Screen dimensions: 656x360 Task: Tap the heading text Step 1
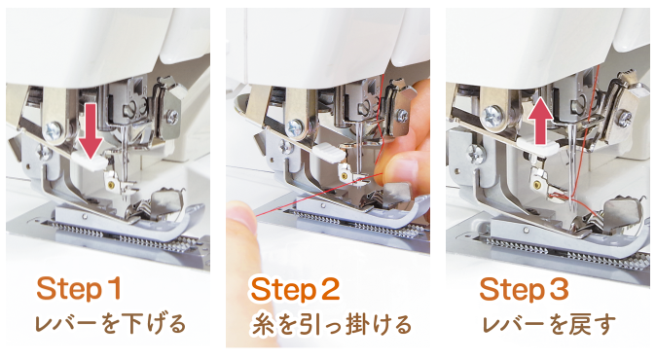tap(79, 289)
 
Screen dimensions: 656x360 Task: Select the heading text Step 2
tap(295, 289)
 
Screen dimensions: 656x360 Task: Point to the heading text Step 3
tap(524, 289)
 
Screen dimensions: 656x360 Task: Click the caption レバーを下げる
tap(110, 323)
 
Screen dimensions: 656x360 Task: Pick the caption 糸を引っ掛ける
tap(331, 324)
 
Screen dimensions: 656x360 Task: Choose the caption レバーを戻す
tap(550, 323)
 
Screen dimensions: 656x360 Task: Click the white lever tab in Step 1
tap(91, 162)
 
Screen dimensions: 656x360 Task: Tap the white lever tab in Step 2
tap(330, 153)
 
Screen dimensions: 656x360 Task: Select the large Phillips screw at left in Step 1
tap(54, 131)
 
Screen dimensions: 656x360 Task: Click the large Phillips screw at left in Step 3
tap(492, 115)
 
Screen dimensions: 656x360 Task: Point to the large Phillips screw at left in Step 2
tap(295, 125)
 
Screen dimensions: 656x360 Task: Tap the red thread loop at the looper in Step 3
tap(560, 195)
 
